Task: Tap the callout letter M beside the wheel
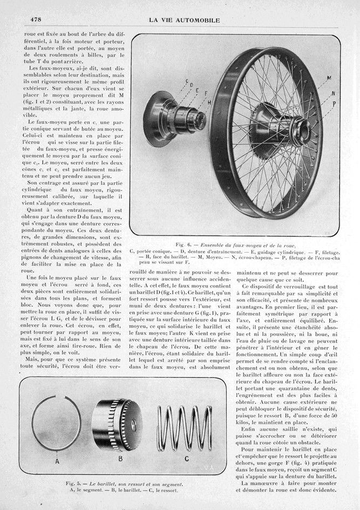(329, 78)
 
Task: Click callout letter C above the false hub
(187, 82)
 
